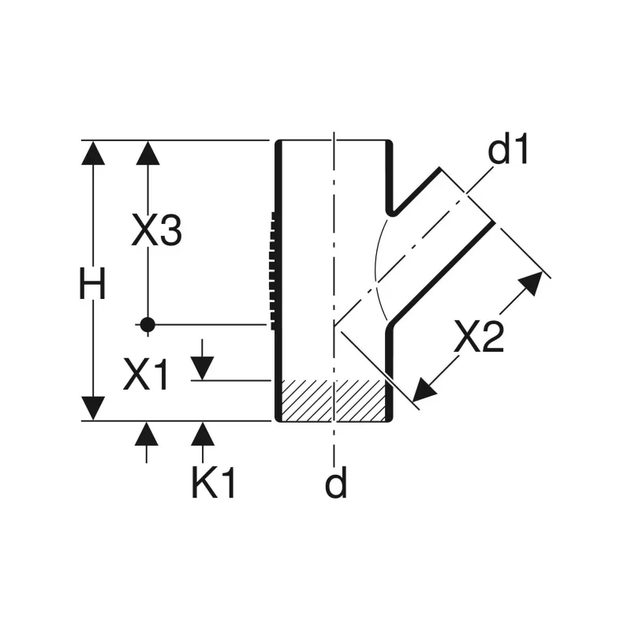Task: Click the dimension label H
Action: [x=92, y=283]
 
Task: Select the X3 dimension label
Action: [x=156, y=230]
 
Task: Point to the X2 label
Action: [x=479, y=336]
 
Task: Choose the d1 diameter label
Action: [x=507, y=149]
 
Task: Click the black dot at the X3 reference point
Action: [x=147, y=324]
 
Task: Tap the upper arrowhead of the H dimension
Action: [x=93, y=153]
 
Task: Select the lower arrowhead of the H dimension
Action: [x=93, y=408]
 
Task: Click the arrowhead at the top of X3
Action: [x=147, y=153]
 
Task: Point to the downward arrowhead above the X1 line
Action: [x=202, y=368]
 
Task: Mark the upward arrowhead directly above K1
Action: [x=203, y=433]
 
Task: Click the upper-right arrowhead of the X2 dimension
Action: [x=532, y=282]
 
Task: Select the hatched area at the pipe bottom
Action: [x=333, y=401]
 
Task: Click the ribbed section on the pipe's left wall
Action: [x=274, y=271]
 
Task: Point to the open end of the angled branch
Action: [x=467, y=194]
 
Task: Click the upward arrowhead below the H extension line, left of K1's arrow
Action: [x=147, y=433]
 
